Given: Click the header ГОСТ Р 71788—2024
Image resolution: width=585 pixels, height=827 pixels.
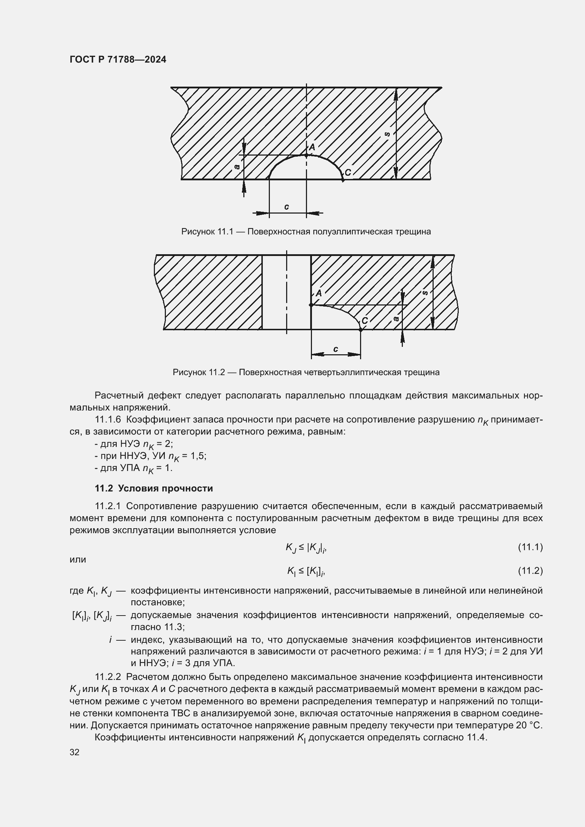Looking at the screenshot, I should click(118, 60).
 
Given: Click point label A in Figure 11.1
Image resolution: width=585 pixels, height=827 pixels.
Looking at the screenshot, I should click(312, 147).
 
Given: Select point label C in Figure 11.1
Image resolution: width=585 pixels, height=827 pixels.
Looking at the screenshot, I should click(348, 173).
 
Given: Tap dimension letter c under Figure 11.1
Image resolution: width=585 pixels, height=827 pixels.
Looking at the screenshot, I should click(286, 207).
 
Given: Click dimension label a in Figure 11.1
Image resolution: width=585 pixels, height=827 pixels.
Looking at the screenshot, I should click(237, 167).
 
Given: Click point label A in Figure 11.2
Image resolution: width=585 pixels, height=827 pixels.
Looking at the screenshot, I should click(318, 293).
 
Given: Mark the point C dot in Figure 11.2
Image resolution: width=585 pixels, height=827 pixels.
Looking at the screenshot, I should click(360, 329).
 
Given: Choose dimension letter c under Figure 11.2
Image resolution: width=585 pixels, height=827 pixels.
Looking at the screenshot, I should click(336, 349).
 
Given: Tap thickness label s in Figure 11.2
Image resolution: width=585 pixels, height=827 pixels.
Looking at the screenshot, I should click(425, 293).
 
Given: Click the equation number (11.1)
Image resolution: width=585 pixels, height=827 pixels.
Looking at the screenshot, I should click(530, 547).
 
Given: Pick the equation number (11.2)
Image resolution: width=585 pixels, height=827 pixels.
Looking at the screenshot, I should click(530, 571).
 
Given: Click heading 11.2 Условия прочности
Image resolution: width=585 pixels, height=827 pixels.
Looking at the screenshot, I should click(154, 488).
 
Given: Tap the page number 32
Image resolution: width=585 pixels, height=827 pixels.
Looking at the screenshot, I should click(75, 752).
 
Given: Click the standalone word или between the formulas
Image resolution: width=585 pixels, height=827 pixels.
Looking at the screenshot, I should click(78, 559).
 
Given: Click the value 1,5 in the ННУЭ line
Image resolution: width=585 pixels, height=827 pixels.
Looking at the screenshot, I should click(198, 456).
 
